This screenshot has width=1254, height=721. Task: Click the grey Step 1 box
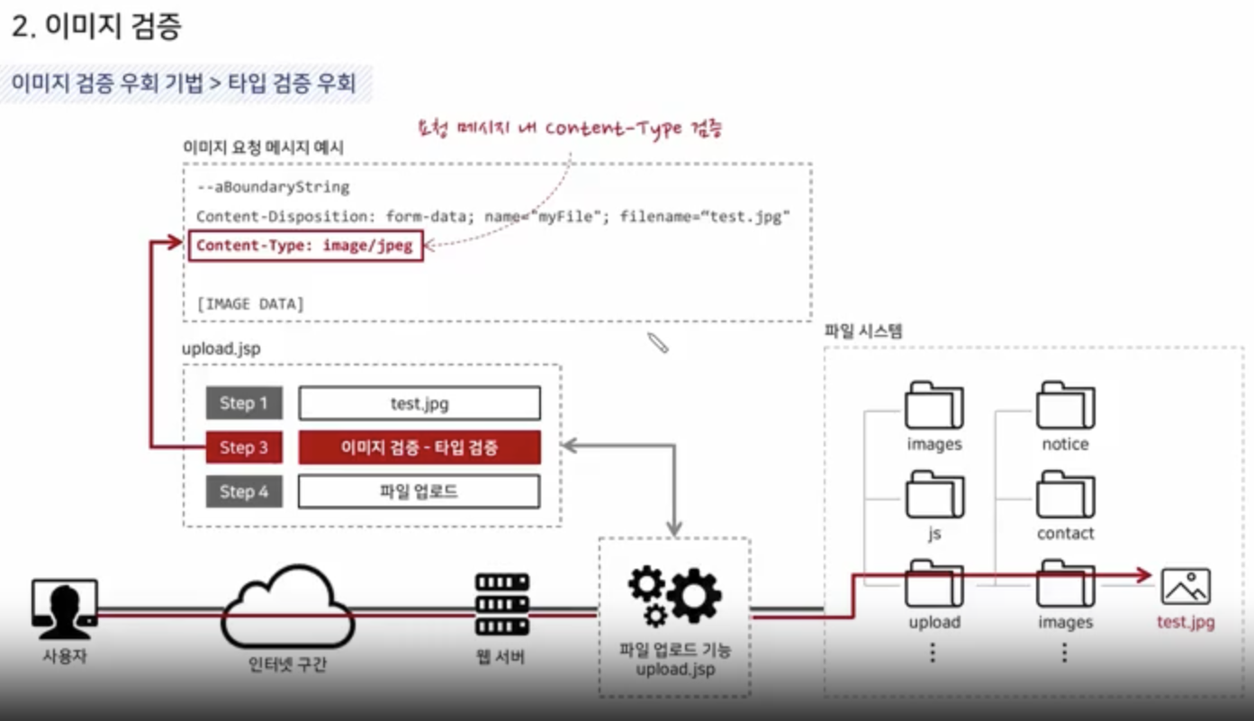pyautogui.click(x=243, y=403)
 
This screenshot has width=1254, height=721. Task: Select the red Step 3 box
pyautogui.click(x=243, y=447)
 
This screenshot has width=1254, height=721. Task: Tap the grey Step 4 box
pyautogui.click(x=243, y=491)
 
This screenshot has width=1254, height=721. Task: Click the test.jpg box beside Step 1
pyautogui.click(x=420, y=403)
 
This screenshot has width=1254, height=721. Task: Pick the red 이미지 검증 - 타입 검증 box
pyautogui.click(x=420, y=447)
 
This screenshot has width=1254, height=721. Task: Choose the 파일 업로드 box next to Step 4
pyautogui.click(x=420, y=491)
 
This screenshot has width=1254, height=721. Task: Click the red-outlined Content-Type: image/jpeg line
pyautogui.click(x=304, y=246)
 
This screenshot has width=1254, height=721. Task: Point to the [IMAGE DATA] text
pyautogui.click(x=250, y=304)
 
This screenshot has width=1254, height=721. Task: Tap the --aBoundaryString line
pyautogui.click(x=273, y=187)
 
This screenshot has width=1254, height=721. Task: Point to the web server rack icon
pyautogui.click(x=501, y=605)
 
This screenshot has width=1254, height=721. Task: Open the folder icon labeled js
pyautogui.click(x=934, y=493)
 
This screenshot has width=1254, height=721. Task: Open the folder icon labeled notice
pyautogui.click(x=1065, y=405)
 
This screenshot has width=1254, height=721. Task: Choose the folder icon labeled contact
pyautogui.click(x=1065, y=493)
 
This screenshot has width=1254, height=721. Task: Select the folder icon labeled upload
pyautogui.click(x=934, y=583)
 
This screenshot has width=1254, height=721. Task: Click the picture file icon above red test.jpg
pyautogui.click(x=1186, y=586)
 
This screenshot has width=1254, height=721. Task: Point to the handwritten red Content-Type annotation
pyautogui.click(x=571, y=128)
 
